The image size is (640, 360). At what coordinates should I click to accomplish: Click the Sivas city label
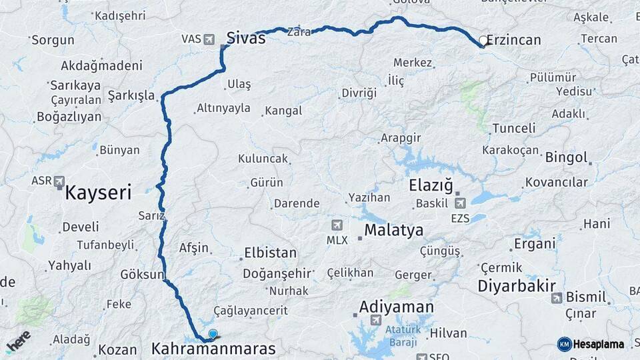click(246, 38)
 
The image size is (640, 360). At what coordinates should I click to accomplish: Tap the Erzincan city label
click(513, 41)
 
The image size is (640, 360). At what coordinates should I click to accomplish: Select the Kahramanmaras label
click(213, 349)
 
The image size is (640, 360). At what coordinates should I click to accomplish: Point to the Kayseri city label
click(98, 194)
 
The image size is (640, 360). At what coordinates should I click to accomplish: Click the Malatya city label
click(393, 231)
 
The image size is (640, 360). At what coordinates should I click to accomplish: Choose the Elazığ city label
click(431, 185)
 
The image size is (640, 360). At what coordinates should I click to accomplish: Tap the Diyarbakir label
click(517, 286)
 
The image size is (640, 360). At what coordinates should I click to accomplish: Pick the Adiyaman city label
click(396, 307)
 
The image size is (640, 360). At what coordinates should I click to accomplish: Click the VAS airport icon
click(210, 39)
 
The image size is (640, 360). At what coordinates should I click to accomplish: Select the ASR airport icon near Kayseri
click(60, 181)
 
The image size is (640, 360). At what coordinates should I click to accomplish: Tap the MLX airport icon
click(337, 225)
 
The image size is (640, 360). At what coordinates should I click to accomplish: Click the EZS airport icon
click(460, 203)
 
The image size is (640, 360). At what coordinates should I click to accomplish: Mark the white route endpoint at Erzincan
click(483, 41)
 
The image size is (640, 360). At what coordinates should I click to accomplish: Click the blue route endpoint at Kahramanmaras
click(213, 334)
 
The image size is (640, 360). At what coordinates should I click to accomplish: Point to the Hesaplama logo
click(591, 344)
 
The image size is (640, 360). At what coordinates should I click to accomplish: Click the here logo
click(18, 341)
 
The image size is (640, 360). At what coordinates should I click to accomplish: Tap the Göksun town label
click(142, 275)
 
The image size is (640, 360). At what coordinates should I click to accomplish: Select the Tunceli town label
click(514, 128)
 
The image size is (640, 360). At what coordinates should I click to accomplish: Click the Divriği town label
click(359, 93)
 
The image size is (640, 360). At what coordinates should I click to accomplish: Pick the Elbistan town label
click(270, 253)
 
